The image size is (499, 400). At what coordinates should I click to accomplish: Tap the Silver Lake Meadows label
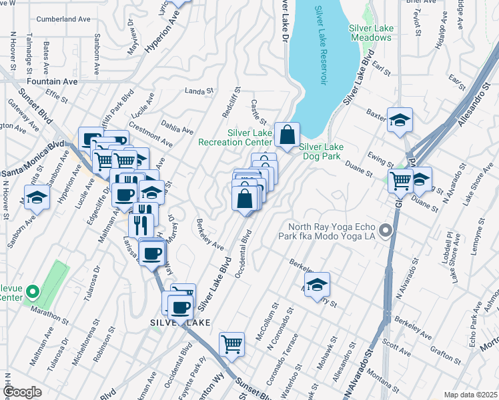point(370,33)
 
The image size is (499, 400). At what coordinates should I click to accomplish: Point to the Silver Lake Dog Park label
point(321,151)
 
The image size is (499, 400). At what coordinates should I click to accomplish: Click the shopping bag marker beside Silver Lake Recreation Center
point(287,135)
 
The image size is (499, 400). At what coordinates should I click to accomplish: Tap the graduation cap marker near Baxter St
point(400,120)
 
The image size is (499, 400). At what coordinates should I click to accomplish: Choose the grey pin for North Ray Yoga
point(385,231)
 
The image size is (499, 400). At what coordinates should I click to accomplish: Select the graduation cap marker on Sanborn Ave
point(37,198)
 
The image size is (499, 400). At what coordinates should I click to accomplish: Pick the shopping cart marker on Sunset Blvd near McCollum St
point(231,344)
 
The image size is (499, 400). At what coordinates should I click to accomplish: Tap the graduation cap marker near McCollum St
point(318,284)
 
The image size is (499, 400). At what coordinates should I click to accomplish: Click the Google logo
point(23,393)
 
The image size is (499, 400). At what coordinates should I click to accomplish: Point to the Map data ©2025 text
point(470,395)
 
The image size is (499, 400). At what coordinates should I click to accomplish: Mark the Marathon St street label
point(54,313)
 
